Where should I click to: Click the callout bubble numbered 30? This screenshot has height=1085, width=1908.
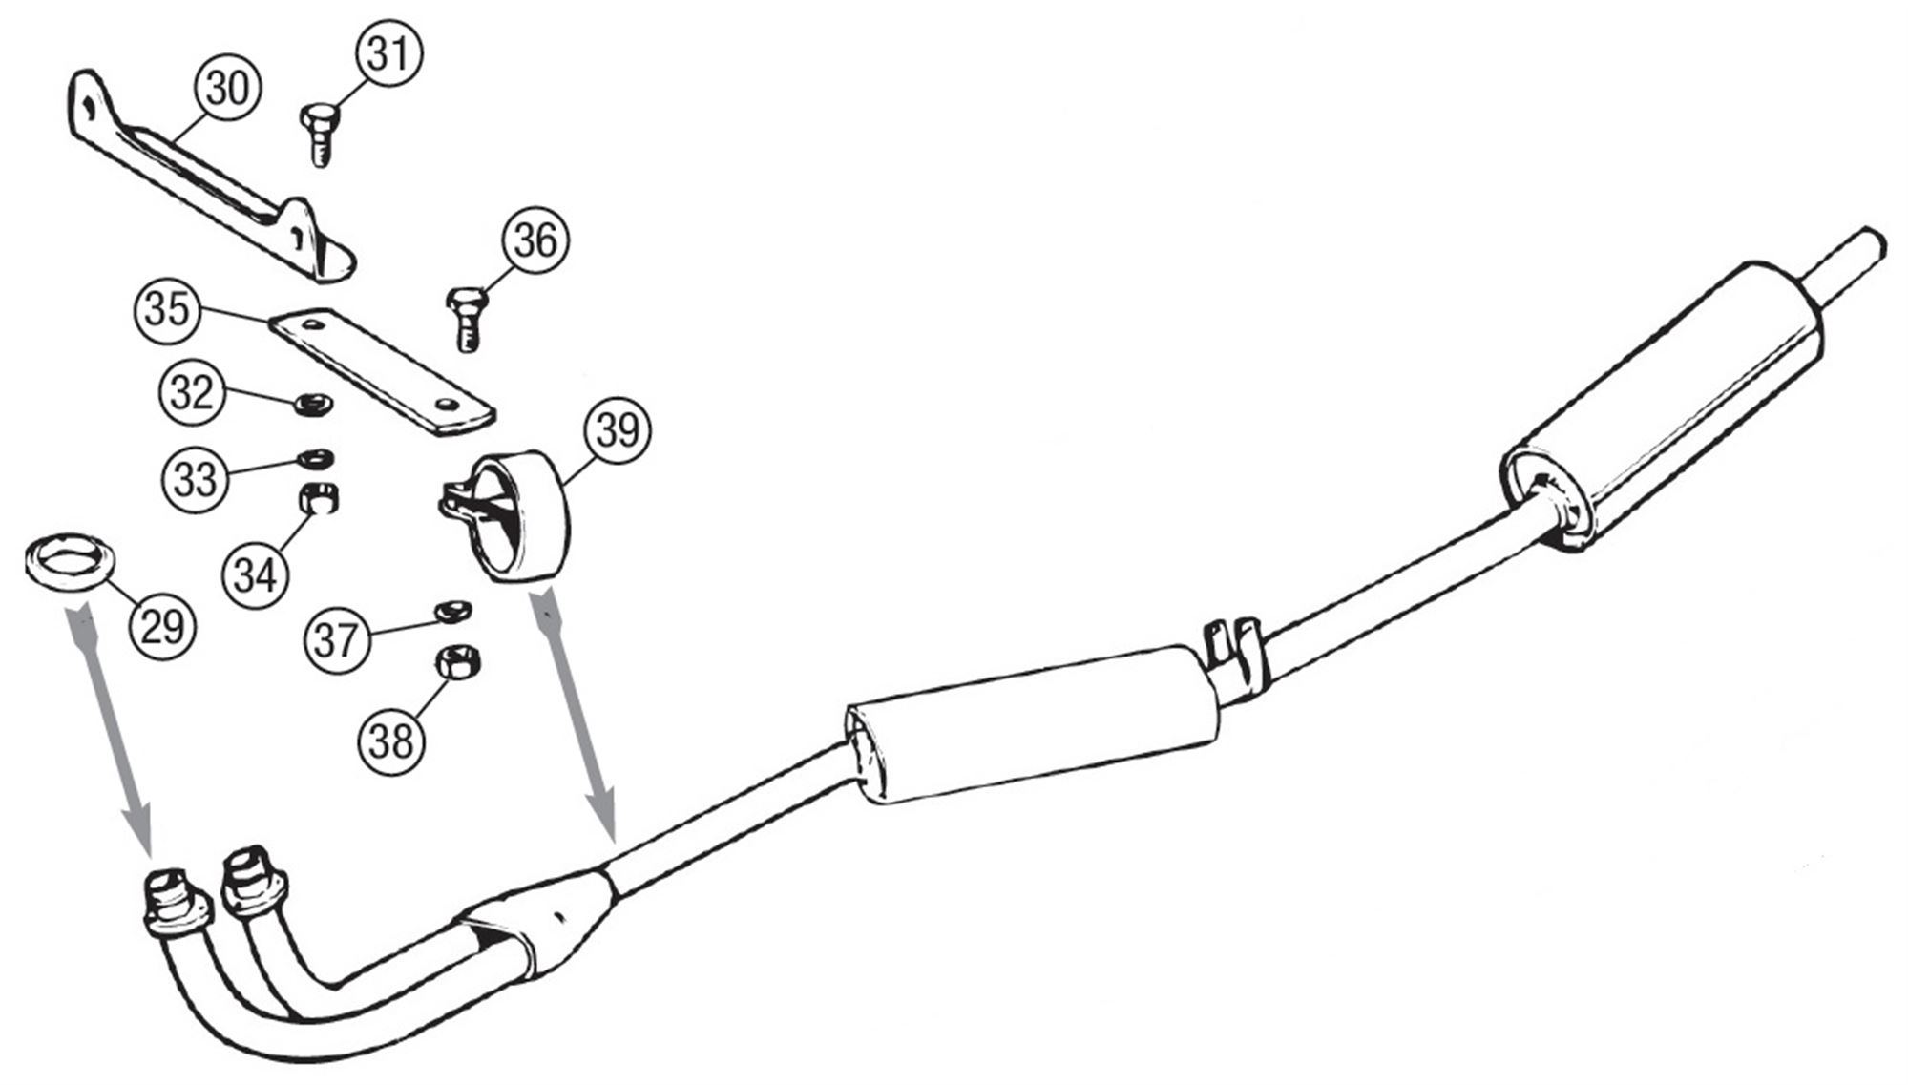click(227, 90)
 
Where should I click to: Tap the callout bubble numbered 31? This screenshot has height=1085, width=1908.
click(389, 54)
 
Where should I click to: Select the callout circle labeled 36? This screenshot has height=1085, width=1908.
click(535, 240)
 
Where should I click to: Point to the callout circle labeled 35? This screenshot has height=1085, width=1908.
click(167, 310)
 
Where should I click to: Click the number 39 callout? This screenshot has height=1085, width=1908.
click(618, 430)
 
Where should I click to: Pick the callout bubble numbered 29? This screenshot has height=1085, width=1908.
click(161, 626)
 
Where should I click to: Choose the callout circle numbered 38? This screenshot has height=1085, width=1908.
click(391, 740)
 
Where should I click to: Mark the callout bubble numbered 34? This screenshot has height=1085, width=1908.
click(255, 575)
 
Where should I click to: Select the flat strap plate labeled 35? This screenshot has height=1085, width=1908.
click(383, 371)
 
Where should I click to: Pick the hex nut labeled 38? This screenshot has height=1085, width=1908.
click(458, 663)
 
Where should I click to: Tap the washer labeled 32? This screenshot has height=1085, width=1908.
click(312, 406)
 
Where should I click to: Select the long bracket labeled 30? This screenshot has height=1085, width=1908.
click(210, 181)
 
